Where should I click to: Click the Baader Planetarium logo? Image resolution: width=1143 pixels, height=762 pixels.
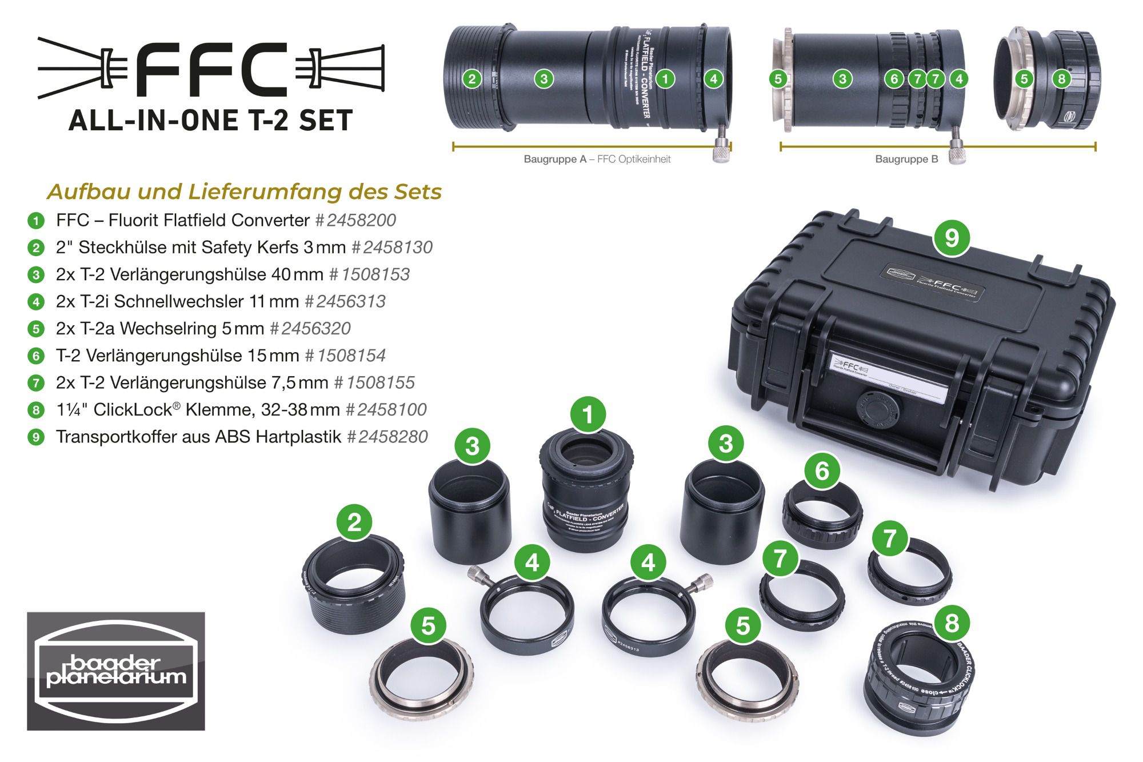tap(116, 671)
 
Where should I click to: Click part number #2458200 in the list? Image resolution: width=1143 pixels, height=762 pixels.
tap(355, 220)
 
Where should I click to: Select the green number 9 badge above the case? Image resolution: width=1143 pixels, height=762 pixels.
tap(952, 237)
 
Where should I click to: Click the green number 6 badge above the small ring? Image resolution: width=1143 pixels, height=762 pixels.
tap(822, 471)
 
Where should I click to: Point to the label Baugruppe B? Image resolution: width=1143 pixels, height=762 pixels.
tap(906, 159)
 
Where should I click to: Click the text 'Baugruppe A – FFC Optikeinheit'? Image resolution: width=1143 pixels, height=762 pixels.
tap(597, 159)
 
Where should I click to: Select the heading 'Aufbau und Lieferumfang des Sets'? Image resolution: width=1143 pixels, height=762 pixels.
tap(245, 192)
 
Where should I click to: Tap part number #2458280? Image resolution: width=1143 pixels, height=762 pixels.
tap(387, 437)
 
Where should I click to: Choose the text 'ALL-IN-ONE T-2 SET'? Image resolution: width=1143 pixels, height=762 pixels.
tap(210, 121)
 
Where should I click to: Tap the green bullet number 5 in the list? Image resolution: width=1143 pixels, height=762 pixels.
tap(36, 329)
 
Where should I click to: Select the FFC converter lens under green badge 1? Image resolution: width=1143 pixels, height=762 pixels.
tap(586, 492)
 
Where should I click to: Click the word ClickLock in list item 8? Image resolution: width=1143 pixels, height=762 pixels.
tap(133, 410)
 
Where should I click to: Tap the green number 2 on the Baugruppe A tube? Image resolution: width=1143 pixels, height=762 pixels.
tap(471, 79)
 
